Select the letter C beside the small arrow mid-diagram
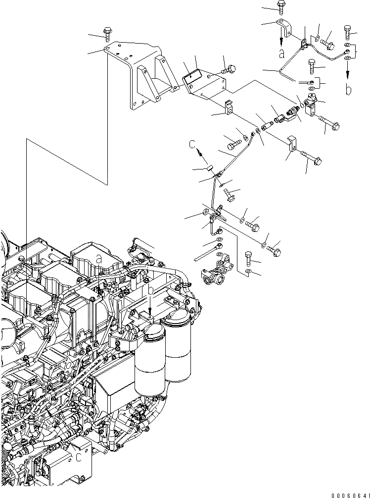[192, 144]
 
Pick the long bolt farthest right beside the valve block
[328, 122]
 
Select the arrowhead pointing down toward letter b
[348, 74]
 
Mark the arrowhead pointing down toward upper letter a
[281, 40]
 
